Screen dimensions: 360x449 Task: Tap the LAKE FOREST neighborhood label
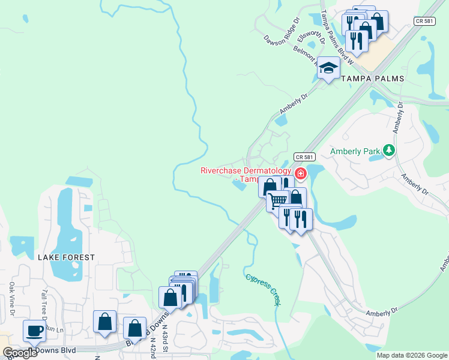(66, 257)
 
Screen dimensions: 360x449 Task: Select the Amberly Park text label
(355, 152)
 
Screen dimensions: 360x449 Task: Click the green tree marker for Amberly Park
(389, 150)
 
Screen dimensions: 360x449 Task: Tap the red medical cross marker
(299, 174)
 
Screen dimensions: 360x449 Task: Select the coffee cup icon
(34, 331)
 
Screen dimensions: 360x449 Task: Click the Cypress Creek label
(264, 290)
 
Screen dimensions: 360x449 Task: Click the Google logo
(20, 353)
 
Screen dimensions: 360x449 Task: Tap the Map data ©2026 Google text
(412, 355)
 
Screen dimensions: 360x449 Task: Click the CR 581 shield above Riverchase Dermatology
(304, 157)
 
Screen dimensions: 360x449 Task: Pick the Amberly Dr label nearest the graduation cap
(294, 103)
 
